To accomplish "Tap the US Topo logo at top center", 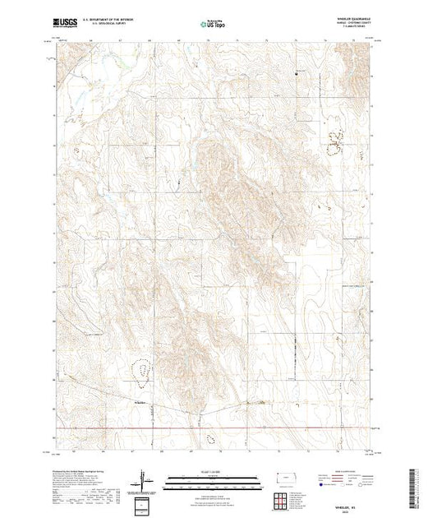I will pyautogui.click(x=214, y=25).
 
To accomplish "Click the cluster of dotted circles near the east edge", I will pyautogui.click(x=334, y=141).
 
